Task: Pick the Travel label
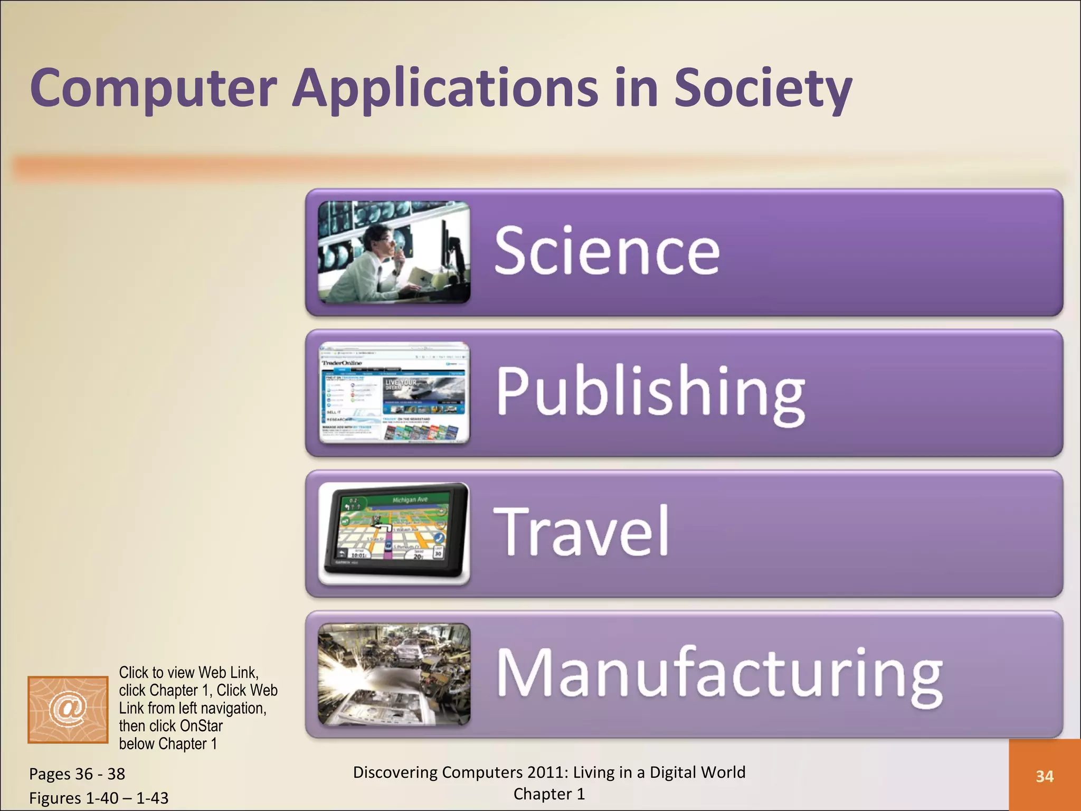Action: [x=581, y=531]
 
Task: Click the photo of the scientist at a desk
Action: [x=394, y=252]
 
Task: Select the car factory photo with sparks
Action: [x=394, y=674]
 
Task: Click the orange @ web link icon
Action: [x=68, y=709]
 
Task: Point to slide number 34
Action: [x=1044, y=776]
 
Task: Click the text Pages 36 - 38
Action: [x=77, y=774]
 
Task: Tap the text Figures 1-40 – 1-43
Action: [x=99, y=798]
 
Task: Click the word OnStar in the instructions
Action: [x=201, y=726]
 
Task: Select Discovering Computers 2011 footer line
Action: [x=549, y=772]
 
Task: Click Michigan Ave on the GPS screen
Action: [x=410, y=499]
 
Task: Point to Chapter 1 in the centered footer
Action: [x=549, y=794]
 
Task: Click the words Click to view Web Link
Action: [x=188, y=673]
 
